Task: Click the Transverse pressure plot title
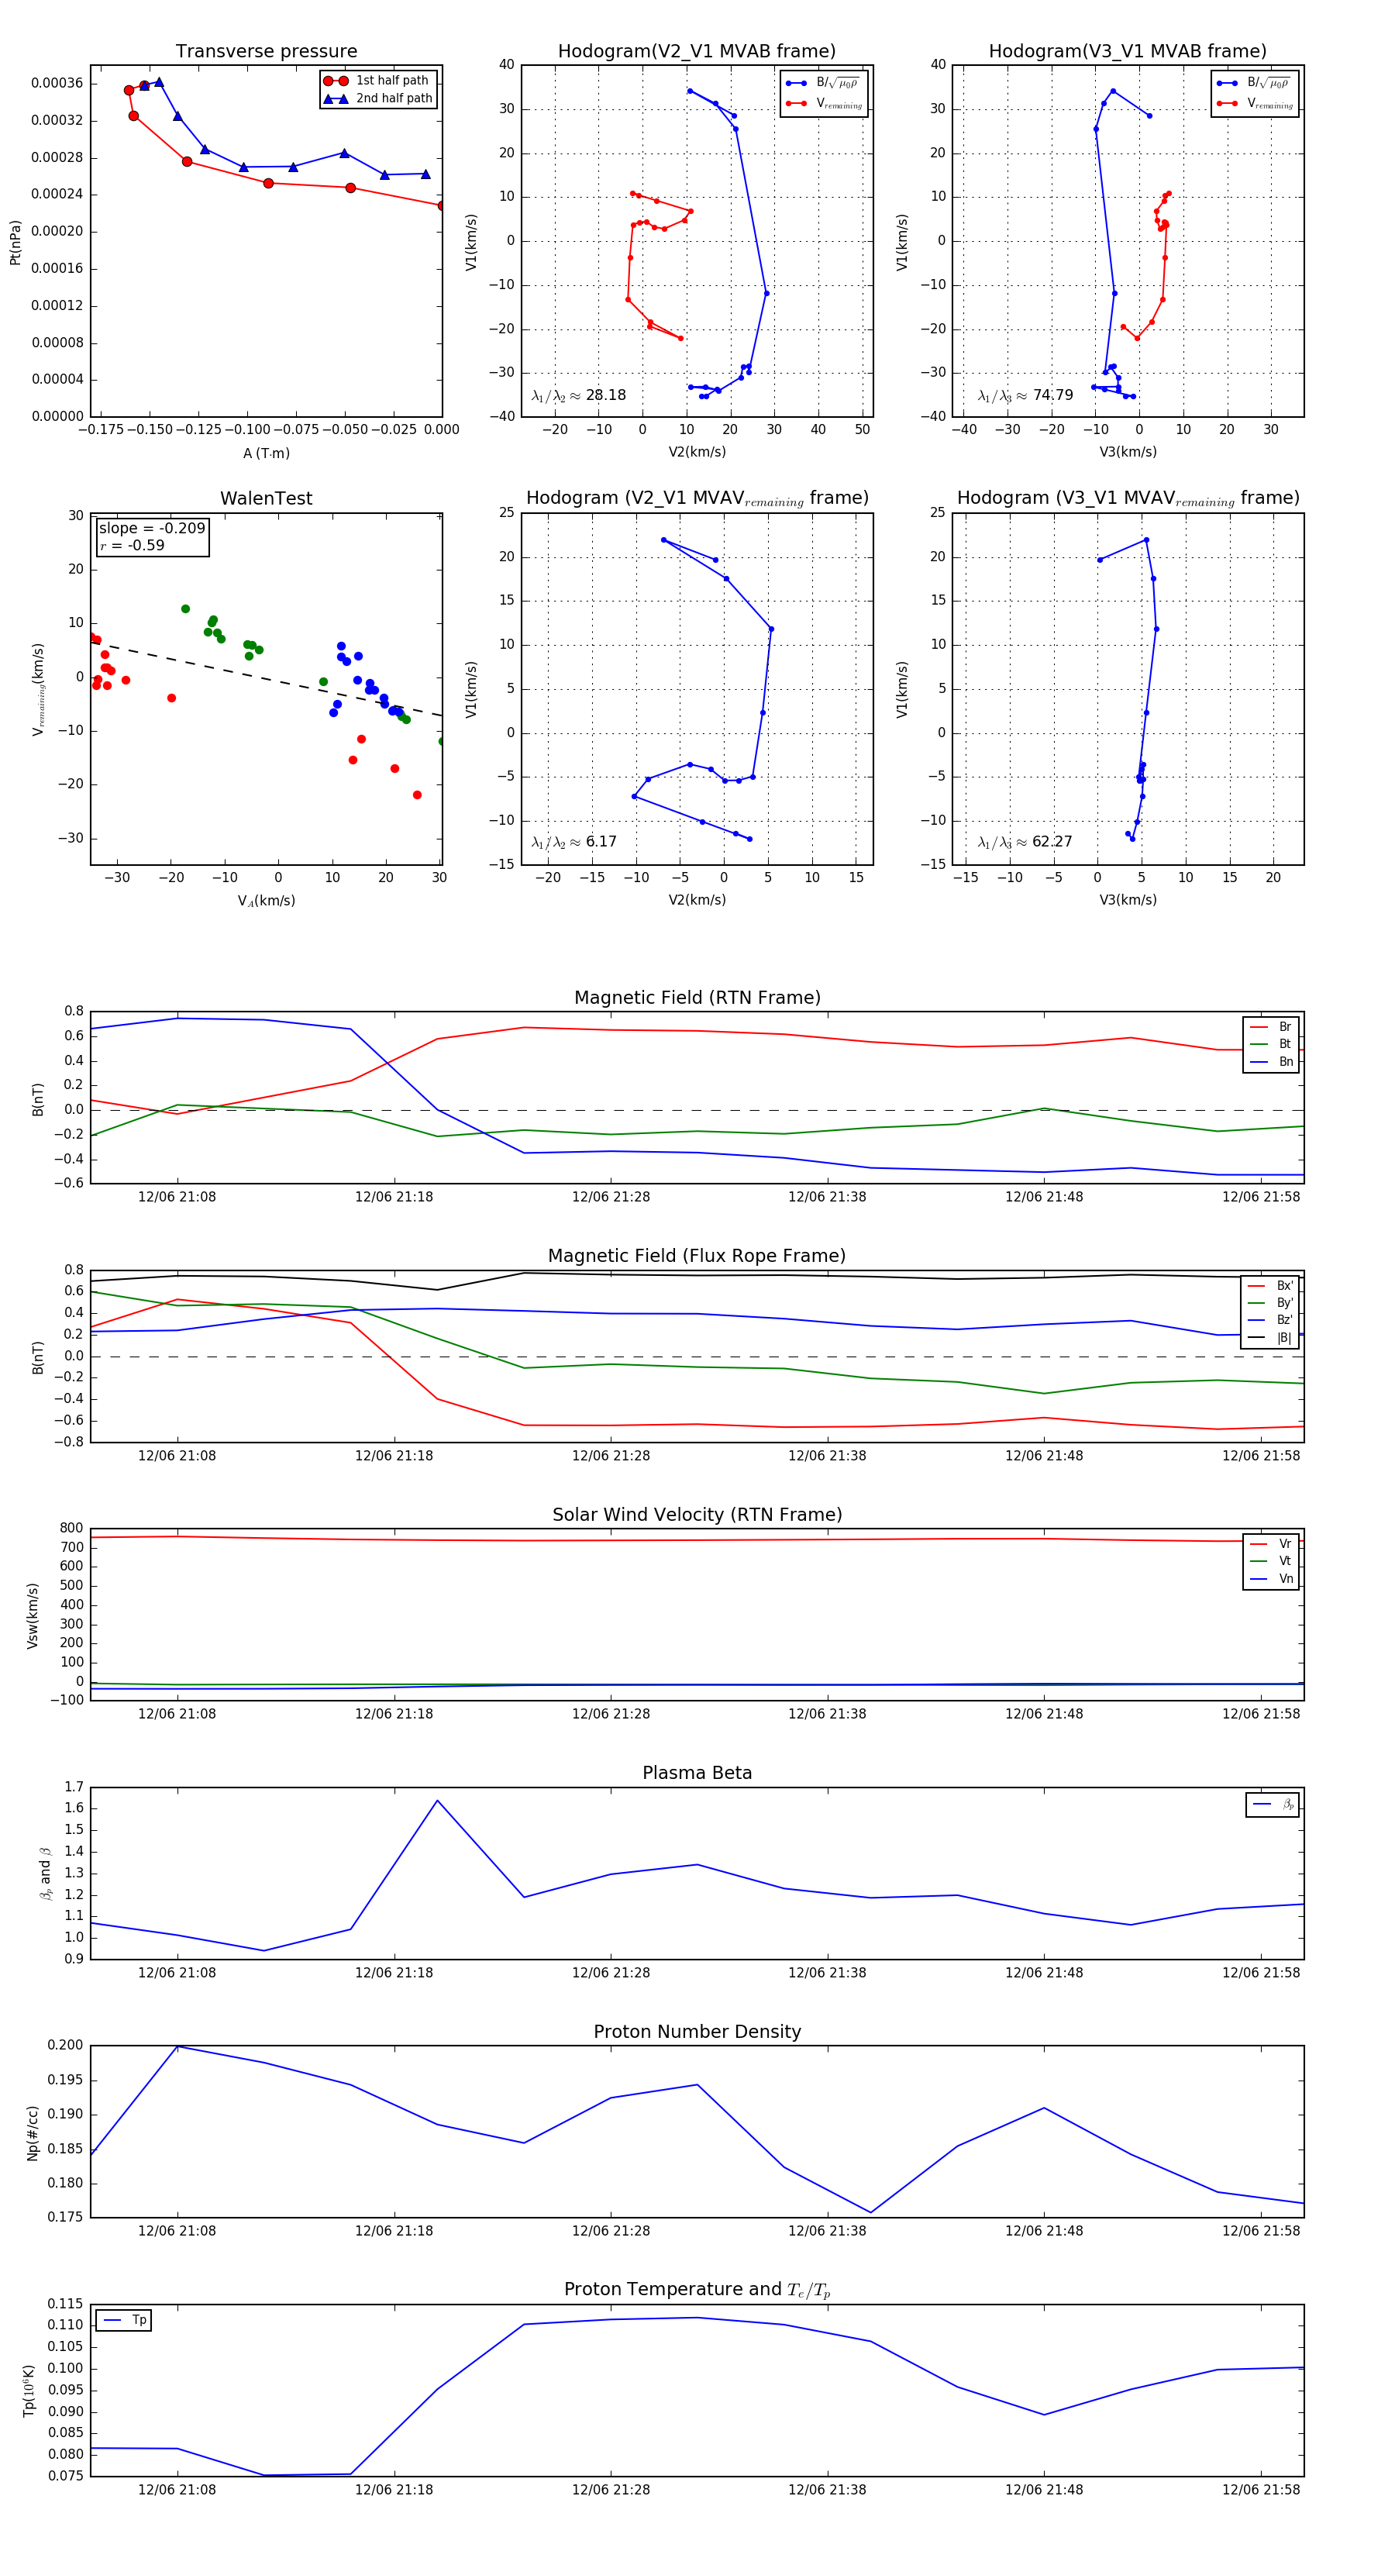(266, 52)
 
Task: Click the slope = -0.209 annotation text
(152, 529)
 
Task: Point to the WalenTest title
(266, 498)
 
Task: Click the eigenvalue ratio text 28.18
(604, 395)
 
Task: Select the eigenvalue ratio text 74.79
(1052, 395)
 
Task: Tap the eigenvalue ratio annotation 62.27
(1052, 842)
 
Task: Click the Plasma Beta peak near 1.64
(438, 1801)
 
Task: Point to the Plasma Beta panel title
(697, 1773)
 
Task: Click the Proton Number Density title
(697, 2032)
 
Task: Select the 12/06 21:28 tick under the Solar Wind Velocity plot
(611, 1713)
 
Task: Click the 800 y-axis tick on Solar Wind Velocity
(71, 1529)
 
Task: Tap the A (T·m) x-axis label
(266, 453)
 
